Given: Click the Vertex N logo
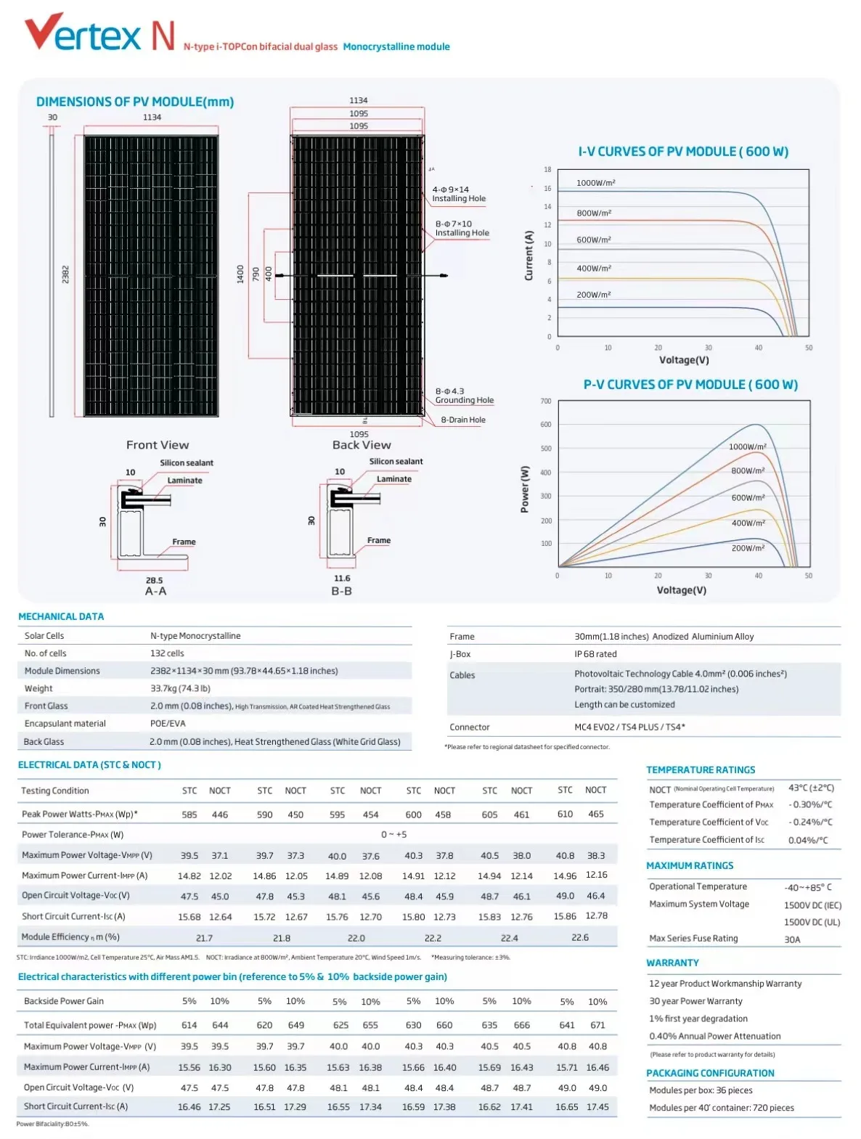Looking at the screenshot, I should (99, 33).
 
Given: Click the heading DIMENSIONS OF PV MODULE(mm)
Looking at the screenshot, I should (135, 102).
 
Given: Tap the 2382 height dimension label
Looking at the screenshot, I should (65, 274).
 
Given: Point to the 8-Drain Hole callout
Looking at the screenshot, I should (463, 420).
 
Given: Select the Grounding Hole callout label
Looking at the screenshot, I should (464, 400).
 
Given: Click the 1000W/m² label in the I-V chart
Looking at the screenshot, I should (595, 183).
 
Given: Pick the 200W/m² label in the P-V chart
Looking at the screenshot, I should (748, 548).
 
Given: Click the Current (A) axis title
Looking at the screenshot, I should (529, 256).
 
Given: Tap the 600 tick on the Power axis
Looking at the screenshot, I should (546, 425).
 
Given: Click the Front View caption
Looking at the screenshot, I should (158, 445).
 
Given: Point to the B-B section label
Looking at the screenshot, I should (341, 592).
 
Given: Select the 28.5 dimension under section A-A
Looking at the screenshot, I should (155, 580).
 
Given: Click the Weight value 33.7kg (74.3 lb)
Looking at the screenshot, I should (180, 688).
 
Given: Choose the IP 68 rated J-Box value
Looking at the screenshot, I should (595, 654).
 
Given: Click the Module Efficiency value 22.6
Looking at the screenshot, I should (580, 937).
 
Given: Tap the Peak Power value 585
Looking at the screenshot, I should (189, 815).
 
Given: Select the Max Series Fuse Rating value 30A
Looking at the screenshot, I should (792, 939).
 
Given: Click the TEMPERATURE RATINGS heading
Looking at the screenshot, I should (701, 769).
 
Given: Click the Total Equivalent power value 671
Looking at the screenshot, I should (597, 1025).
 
